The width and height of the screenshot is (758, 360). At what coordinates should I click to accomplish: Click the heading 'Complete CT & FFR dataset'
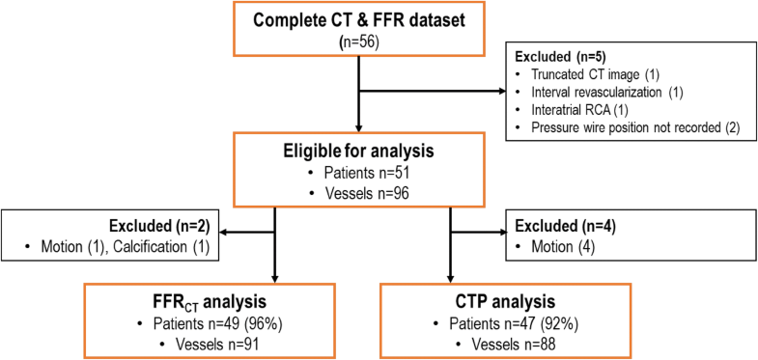(358, 20)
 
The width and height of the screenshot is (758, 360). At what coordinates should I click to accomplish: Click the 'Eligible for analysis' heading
(358, 153)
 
